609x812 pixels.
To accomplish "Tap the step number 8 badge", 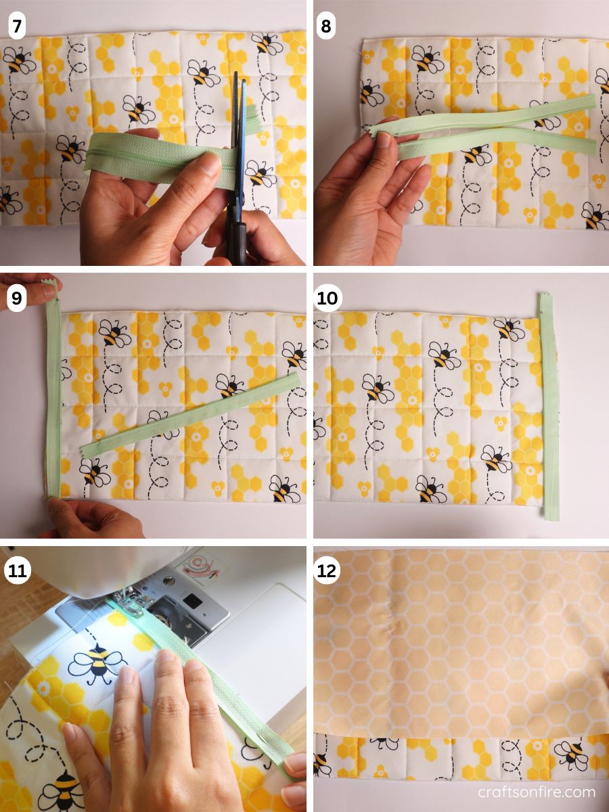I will point(326,27).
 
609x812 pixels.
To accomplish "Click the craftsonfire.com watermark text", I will point(536,792).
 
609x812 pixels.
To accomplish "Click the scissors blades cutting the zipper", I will point(238,122).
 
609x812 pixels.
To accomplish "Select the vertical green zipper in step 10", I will point(549,406).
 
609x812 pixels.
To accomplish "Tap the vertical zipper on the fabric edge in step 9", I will point(53,399).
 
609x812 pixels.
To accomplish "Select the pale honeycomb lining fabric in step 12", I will point(460,643).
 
